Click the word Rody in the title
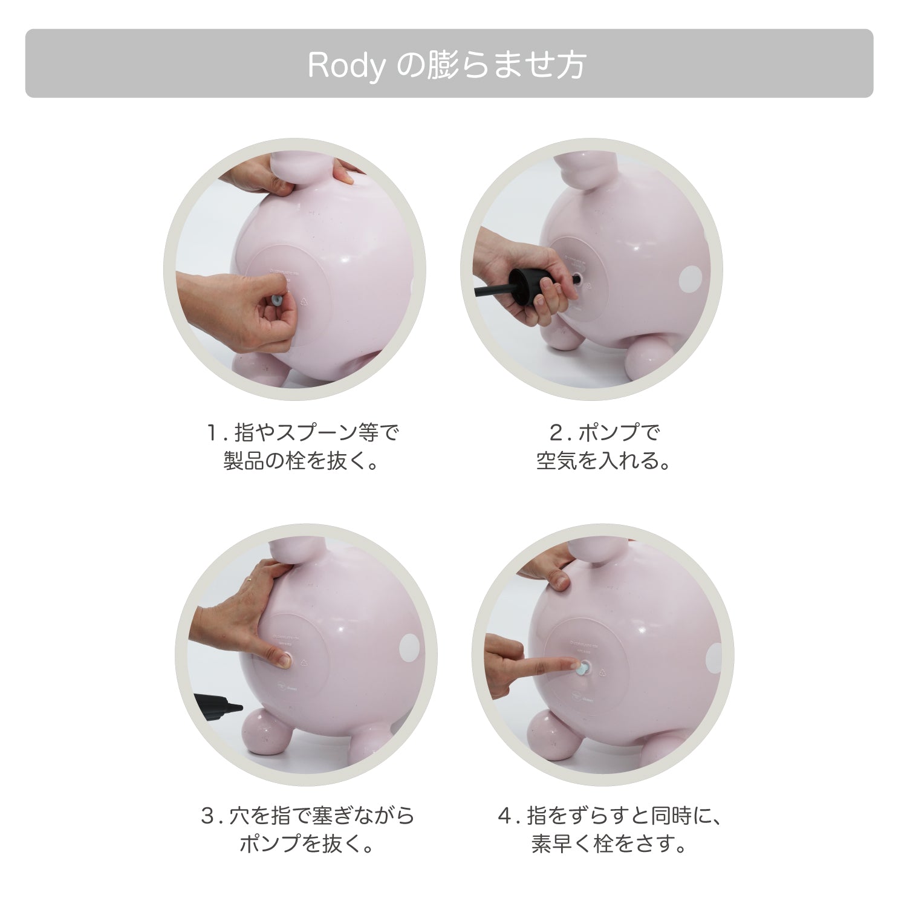345,66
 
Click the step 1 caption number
212,433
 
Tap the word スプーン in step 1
317,433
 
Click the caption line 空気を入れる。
603,462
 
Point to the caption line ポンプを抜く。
307,844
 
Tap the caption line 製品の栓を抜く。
301,462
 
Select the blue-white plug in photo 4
583,669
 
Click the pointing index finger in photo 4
532,665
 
